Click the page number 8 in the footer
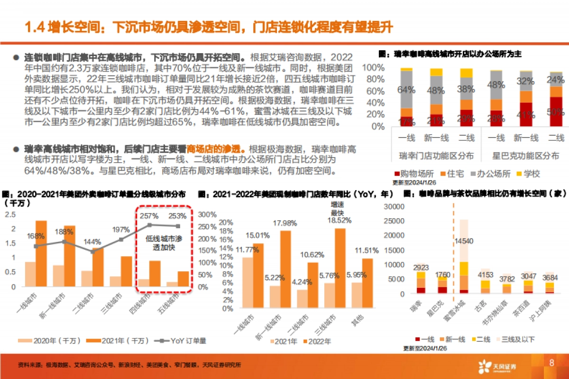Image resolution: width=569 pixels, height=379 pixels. (x=551, y=363)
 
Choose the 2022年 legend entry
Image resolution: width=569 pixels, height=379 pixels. (x=319, y=341)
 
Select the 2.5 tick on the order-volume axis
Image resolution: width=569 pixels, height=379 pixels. (x=10, y=214)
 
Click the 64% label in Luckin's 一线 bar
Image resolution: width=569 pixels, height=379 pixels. (x=406, y=89)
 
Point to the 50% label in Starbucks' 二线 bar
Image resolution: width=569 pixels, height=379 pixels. (x=556, y=112)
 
